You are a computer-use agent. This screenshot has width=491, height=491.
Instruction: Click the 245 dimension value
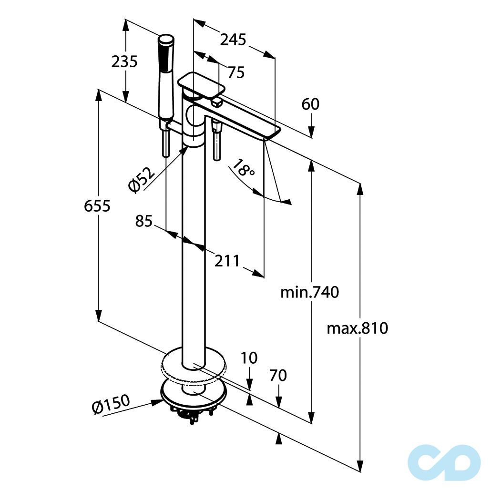[233, 40]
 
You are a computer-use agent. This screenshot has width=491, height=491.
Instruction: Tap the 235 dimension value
[124, 61]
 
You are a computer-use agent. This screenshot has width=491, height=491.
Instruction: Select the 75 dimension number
[235, 72]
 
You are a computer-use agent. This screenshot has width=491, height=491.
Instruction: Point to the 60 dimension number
[311, 104]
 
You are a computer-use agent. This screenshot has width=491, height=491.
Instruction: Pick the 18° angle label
[244, 169]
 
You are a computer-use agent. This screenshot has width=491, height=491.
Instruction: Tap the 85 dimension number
[143, 221]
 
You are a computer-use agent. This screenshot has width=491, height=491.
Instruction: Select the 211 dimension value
[227, 261]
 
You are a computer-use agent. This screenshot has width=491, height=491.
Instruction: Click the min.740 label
[309, 292]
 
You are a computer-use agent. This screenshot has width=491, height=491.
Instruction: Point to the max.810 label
[358, 328]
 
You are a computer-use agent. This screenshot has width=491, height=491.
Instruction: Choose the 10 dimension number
[248, 358]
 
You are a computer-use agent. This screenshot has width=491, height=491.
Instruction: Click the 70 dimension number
[278, 376]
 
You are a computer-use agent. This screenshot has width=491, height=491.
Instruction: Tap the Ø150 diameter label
[111, 405]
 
